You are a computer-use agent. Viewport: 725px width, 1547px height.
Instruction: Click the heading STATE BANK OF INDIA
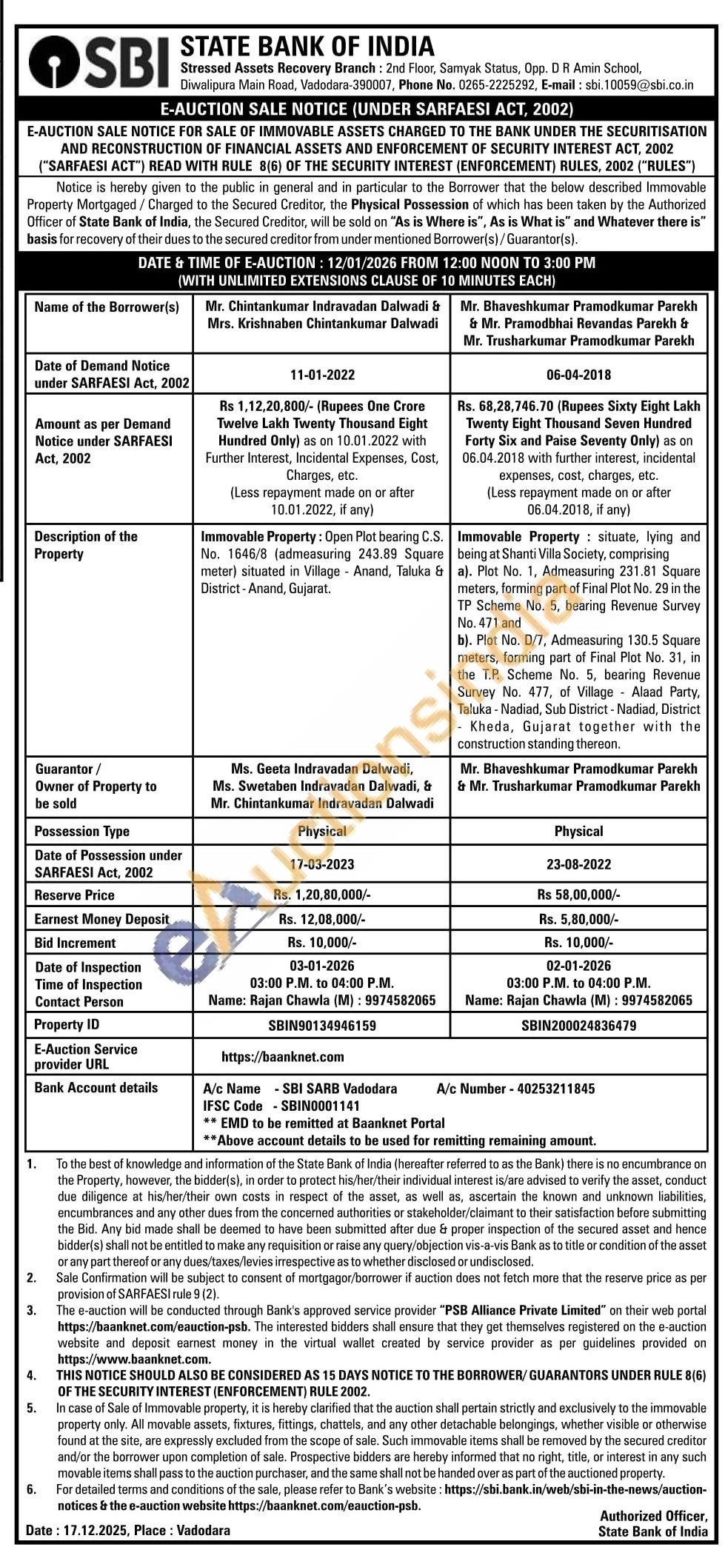(307, 46)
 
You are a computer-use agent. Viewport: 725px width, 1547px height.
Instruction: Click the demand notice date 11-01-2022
(322, 375)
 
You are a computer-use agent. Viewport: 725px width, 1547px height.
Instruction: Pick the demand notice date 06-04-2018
(578, 375)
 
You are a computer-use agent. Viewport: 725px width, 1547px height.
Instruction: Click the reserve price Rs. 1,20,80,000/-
(322, 895)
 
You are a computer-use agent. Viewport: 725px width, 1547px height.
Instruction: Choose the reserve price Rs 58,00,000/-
(578, 895)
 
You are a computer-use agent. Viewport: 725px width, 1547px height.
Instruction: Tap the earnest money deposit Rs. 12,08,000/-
(322, 919)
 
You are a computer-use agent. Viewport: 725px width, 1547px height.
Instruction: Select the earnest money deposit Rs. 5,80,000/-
(578, 919)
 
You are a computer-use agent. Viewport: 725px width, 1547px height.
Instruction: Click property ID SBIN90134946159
(322, 1026)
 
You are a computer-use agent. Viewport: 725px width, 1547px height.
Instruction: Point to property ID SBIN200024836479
(578, 1026)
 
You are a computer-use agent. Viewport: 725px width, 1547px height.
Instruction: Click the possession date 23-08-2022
(578, 864)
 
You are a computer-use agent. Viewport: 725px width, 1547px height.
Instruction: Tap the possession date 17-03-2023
(322, 864)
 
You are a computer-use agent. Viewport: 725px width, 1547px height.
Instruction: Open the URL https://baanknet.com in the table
(282, 1057)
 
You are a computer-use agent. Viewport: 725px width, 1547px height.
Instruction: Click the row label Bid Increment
(75, 943)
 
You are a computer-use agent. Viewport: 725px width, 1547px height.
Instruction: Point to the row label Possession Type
(81, 832)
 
